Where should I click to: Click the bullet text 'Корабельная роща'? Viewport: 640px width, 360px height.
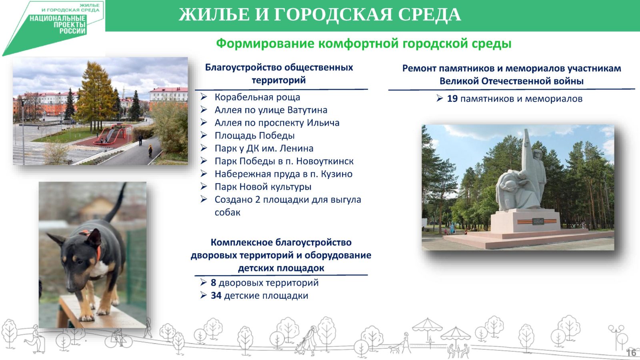coord(257,98)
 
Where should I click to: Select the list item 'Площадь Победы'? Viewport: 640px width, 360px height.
coord(254,136)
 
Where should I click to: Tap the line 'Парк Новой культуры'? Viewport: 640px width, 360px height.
coord(263,187)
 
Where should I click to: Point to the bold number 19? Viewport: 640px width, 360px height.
coord(452,99)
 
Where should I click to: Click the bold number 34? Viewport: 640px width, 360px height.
coord(216,296)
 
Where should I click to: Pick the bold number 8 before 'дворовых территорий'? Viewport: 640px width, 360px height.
coord(214,282)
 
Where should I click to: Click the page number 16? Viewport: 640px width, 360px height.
coord(631,352)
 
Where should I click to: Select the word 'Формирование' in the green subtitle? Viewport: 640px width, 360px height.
coord(265,44)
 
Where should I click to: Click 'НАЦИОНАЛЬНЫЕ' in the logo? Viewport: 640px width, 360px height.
coord(58,19)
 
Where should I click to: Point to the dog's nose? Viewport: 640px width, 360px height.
coord(70,287)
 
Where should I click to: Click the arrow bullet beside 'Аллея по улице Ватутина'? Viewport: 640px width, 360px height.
coord(204,110)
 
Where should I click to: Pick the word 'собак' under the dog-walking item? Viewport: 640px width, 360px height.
coord(228,212)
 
